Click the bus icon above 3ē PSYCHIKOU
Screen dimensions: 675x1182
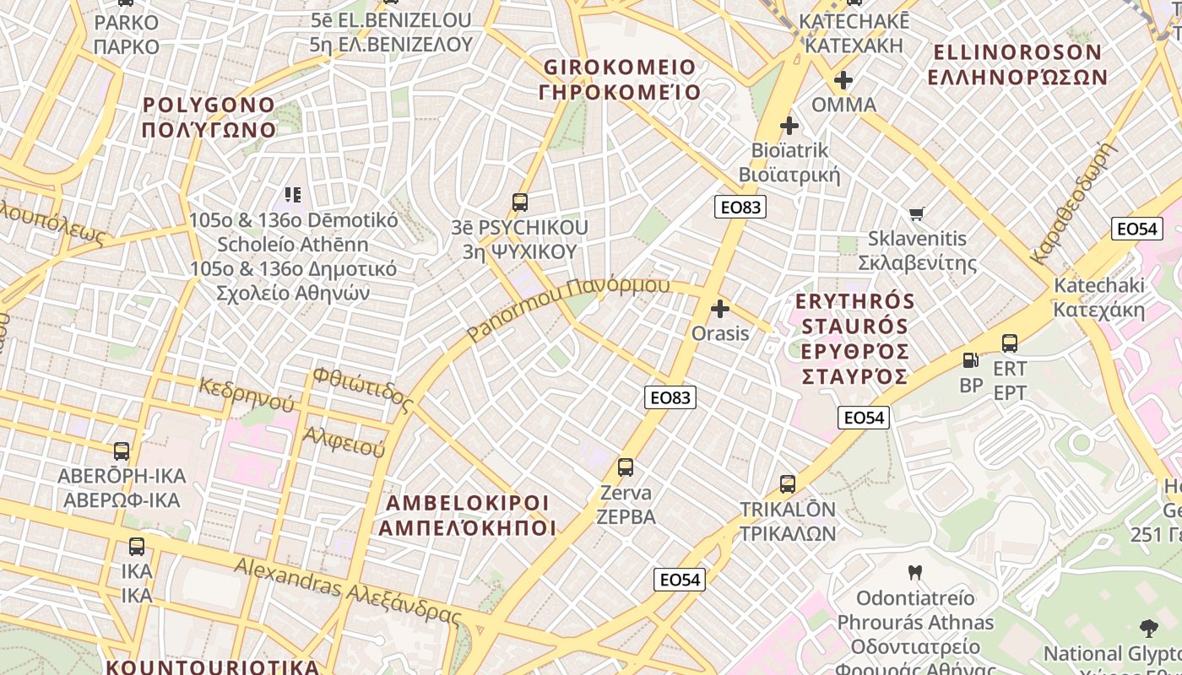(519, 202)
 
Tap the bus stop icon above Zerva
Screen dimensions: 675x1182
(625, 467)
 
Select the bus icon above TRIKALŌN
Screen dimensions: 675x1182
(787, 484)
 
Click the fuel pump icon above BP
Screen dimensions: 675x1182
(971, 360)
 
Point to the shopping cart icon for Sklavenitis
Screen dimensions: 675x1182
(916, 213)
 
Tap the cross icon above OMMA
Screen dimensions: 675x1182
(843, 81)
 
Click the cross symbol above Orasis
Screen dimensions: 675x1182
(720, 309)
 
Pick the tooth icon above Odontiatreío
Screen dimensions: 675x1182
(914, 573)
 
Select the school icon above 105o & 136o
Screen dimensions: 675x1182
(292, 195)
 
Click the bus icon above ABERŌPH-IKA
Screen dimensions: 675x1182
(122, 451)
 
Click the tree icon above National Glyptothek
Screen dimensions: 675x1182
(1148, 628)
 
